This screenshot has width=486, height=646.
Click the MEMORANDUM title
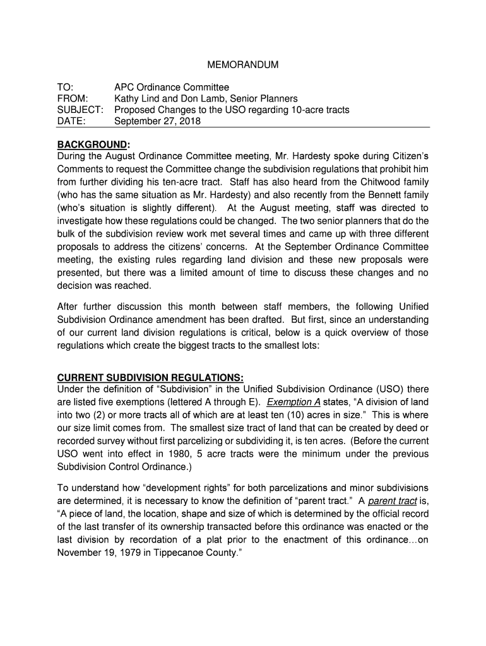coord(243,65)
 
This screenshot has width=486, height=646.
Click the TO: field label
coord(65,87)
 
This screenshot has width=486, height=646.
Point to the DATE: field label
coord(71,121)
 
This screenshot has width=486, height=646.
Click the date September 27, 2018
coord(157,121)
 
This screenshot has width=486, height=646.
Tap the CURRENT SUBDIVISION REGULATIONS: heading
coord(151,378)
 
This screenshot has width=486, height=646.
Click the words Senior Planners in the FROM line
coord(264,98)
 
